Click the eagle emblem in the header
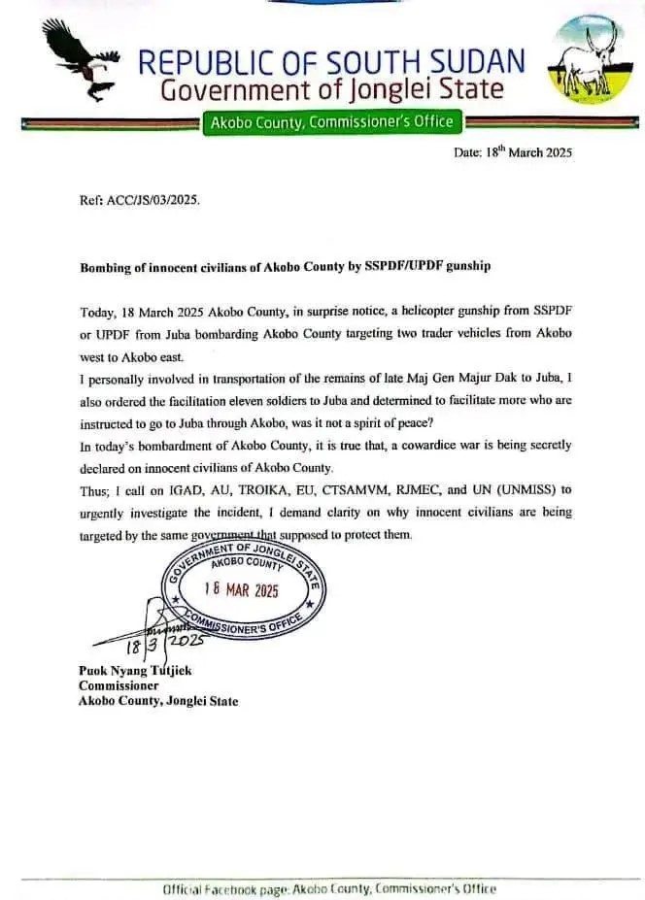pyautogui.click(x=79, y=60)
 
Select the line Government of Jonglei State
pyautogui.click(x=331, y=90)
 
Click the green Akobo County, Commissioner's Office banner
pyautogui.click(x=330, y=122)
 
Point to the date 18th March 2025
pyautogui.click(x=513, y=152)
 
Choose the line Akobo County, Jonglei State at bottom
pyautogui.click(x=157, y=701)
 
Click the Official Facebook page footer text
pyautogui.click(x=328, y=888)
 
